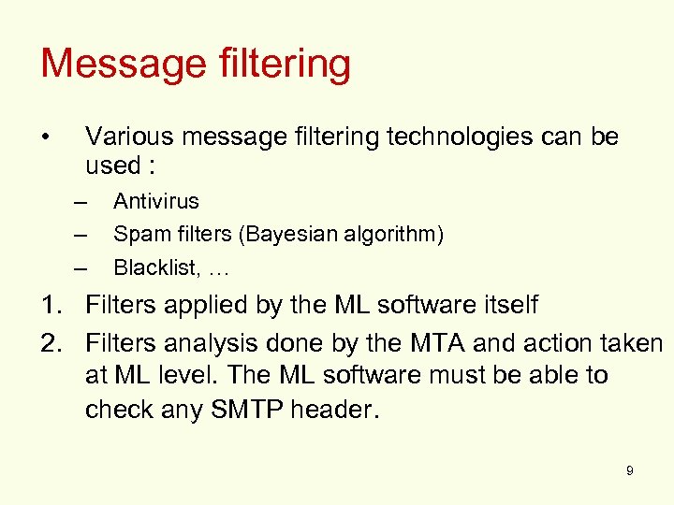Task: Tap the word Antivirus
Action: tap(156, 201)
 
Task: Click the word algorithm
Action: tap(398, 235)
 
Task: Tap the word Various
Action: tap(128, 137)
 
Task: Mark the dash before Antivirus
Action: tap(81, 202)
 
